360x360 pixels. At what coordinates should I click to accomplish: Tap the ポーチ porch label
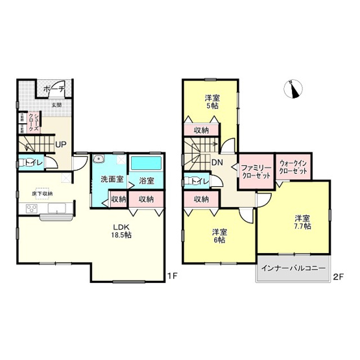pyautogui.click(x=52, y=88)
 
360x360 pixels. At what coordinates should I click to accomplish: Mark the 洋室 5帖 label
pyautogui.click(x=211, y=102)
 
